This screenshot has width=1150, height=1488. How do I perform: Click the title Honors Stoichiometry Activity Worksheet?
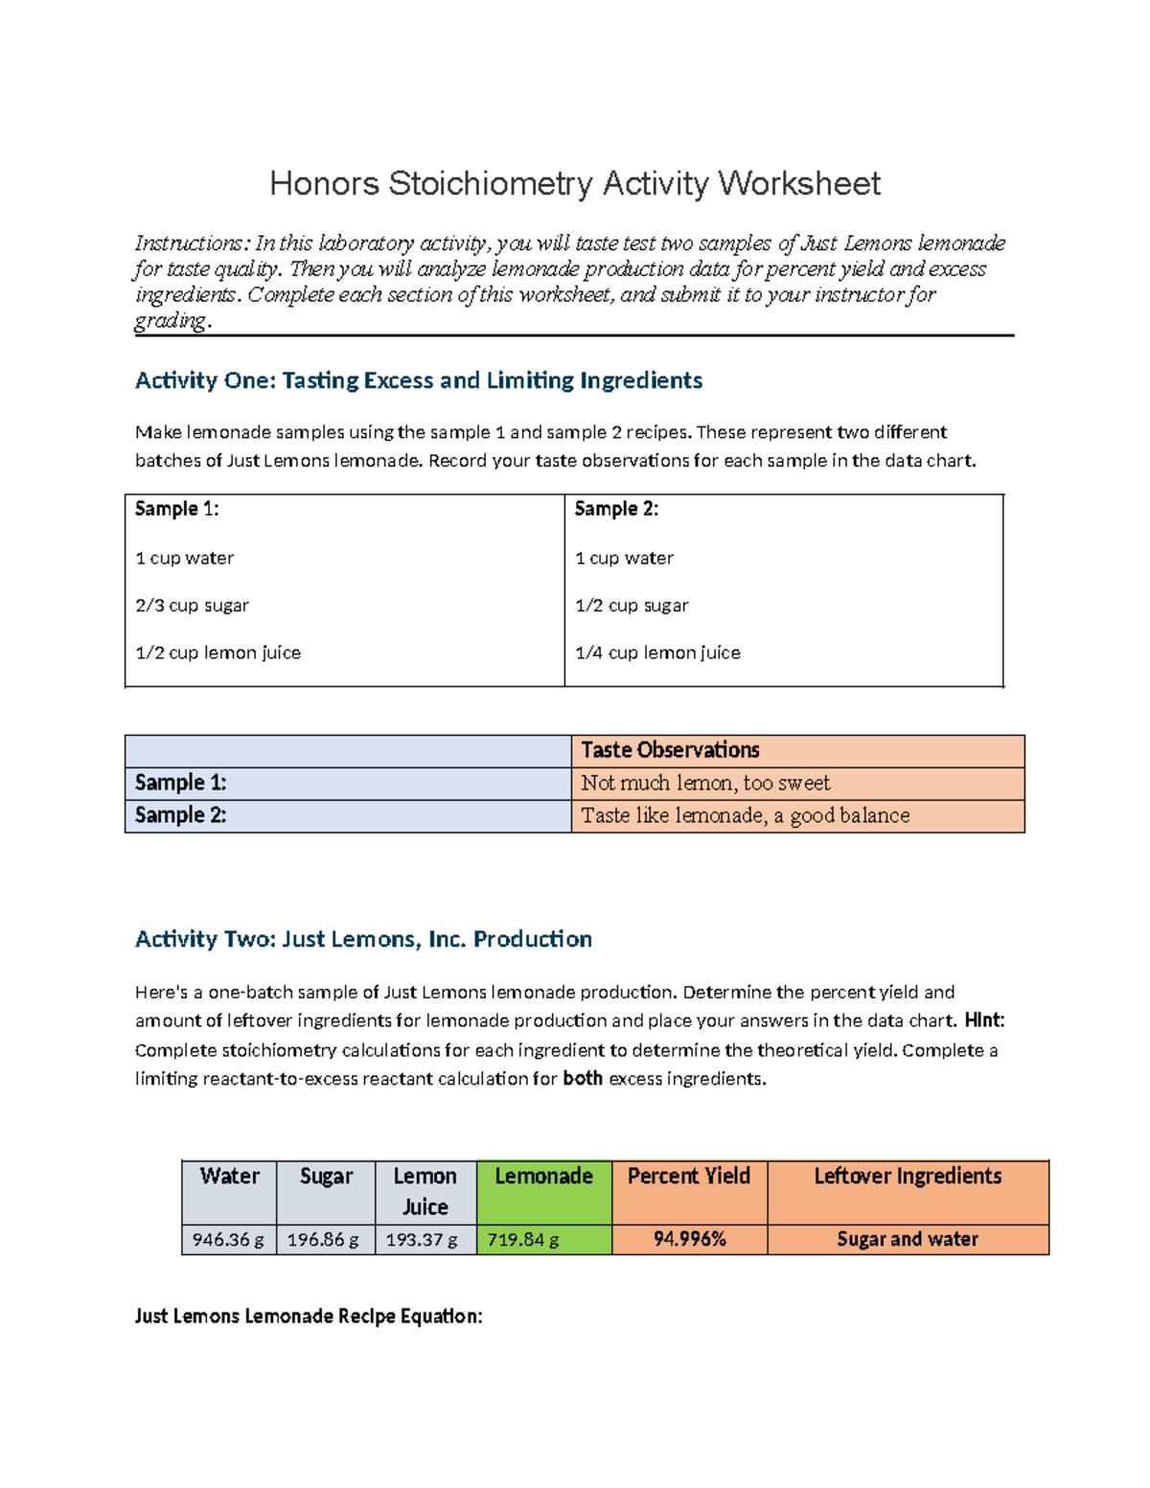click(574, 183)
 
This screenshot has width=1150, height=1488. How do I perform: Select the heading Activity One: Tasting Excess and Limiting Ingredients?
click(419, 380)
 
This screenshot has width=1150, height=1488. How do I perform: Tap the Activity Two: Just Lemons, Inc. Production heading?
click(363, 939)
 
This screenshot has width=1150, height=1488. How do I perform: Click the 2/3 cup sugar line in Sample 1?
click(192, 606)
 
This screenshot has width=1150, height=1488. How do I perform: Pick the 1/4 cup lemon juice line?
click(657, 652)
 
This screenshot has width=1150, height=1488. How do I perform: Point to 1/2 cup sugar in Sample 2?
click(632, 606)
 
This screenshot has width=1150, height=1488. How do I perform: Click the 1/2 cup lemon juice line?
click(218, 652)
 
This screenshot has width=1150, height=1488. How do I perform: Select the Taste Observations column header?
click(670, 750)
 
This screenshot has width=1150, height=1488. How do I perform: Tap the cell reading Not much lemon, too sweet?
click(705, 783)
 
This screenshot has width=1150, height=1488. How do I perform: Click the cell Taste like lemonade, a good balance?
click(745, 815)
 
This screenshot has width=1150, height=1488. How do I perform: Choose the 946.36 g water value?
click(228, 1240)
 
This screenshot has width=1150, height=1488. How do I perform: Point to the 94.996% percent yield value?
click(689, 1240)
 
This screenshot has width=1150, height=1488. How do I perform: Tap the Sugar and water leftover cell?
click(908, 1240)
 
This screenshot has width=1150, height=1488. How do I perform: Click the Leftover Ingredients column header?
click(908, 1177)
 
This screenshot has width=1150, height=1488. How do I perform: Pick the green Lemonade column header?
click(543, 1177)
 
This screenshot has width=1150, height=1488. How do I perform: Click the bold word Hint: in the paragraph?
click(984, 1020)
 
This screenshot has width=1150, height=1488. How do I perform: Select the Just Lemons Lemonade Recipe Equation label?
click(309, 1316)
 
